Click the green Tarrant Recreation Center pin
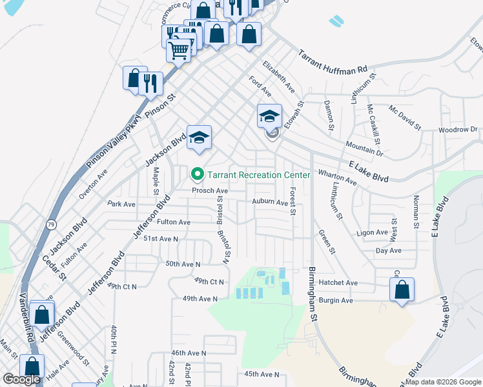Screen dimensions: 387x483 196,175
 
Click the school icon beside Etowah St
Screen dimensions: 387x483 269,117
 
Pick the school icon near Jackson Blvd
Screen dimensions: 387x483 200,137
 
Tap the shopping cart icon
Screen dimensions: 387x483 179,49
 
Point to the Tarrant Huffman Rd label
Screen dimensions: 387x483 332,63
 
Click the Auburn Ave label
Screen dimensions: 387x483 269,202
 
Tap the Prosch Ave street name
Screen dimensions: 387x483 210,191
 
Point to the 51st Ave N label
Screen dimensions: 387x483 160,239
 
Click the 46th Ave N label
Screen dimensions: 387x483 188,353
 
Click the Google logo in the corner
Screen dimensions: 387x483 21,379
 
